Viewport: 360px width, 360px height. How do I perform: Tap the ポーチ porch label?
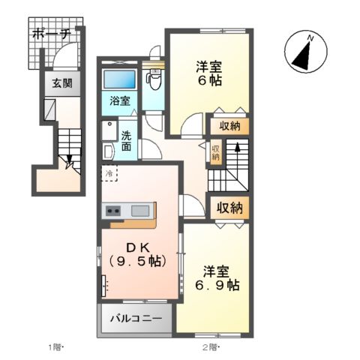52,34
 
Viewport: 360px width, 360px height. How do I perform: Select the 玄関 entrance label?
61,84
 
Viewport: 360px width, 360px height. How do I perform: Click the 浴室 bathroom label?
119,100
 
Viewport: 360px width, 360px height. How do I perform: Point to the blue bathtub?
119,79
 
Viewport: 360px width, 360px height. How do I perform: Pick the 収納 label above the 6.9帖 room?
229,207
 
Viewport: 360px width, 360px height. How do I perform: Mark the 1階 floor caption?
56,346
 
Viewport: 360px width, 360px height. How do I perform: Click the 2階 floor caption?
209,346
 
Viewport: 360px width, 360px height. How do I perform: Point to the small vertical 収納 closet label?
216,152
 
